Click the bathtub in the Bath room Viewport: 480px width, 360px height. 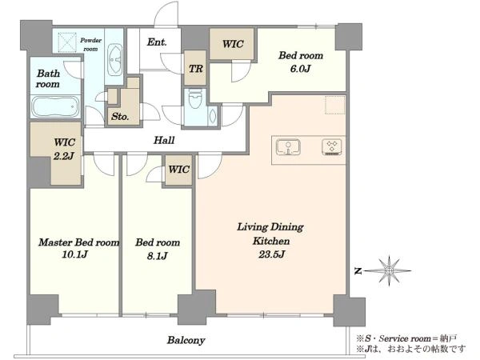tap(55, 106)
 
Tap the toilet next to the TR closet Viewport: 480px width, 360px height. tap(194, 98)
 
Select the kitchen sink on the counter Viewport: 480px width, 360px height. tap(288, 147)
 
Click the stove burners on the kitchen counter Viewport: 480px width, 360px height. tap(332, 147)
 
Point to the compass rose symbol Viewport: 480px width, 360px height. tap(389, 271)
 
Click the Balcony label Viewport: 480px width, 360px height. tap(186, 340)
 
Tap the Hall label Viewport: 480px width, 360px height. tap(164, 140)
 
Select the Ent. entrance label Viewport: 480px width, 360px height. tap(157, 42)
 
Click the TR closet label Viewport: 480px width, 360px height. tap(196, 69)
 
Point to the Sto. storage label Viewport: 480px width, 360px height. tap(120, 116)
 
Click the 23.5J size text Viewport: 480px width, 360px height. tap(271, 254)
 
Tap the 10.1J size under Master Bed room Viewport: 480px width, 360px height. tap(74, 254)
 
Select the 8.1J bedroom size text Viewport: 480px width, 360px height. tap(157, 255)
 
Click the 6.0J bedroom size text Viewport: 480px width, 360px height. tap(300, 68)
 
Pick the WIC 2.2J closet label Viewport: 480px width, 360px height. tap(64, 149)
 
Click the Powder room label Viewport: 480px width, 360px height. tap(90, 44)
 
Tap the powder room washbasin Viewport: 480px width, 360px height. tap(114, 59)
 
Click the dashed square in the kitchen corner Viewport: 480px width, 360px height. tap(335, 105)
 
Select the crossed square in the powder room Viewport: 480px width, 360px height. tap(67, 43)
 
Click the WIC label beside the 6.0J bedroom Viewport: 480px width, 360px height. tap(233, 44)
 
